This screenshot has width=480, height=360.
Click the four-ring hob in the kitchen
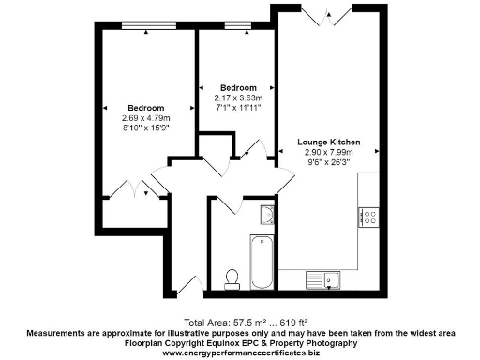(367, 217)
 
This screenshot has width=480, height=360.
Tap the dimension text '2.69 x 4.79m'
(145, 117)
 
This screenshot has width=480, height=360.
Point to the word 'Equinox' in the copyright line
(231, 343)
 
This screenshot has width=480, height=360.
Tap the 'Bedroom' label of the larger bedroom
(145, 107)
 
